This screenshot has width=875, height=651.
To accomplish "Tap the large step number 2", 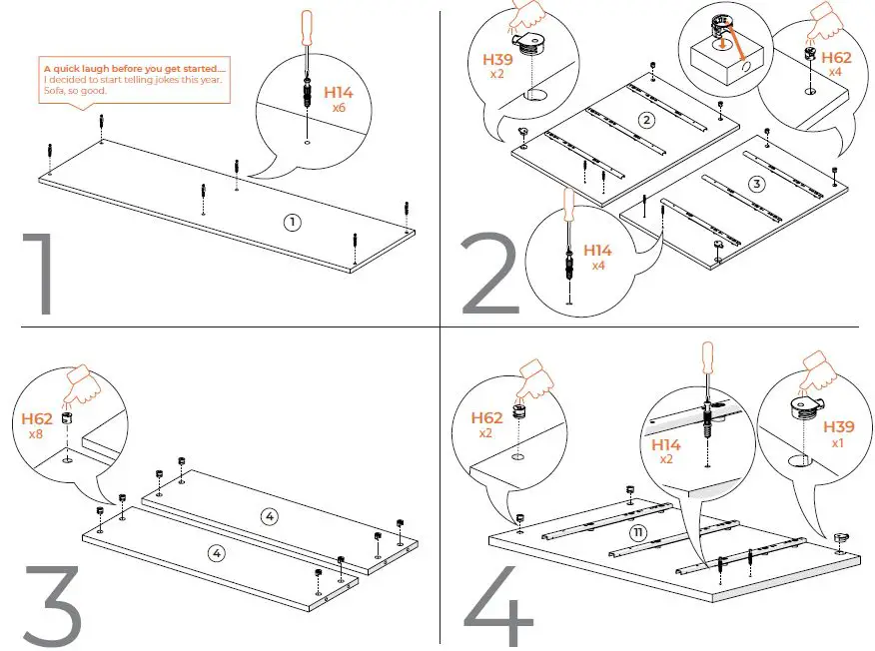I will point(489,275).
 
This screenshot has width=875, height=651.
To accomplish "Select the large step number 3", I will point(50,605).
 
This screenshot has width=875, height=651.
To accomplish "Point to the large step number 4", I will point(498,605).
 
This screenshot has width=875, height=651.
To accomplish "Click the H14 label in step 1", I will point(338,93).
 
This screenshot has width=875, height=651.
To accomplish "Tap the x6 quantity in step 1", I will point(338,107).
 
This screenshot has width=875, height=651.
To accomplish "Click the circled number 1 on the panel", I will point(292,222).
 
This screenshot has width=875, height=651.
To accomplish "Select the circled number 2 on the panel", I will point(646,121).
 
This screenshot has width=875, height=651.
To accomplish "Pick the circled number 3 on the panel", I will point(756,184).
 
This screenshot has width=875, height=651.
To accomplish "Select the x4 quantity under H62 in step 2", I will point(835,73).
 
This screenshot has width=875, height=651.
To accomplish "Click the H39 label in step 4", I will point(838,427).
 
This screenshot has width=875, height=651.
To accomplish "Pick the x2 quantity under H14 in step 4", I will point(666,459).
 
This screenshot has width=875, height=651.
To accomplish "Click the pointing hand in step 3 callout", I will point(85,384).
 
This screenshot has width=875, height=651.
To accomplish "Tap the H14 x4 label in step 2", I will point(597,258).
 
